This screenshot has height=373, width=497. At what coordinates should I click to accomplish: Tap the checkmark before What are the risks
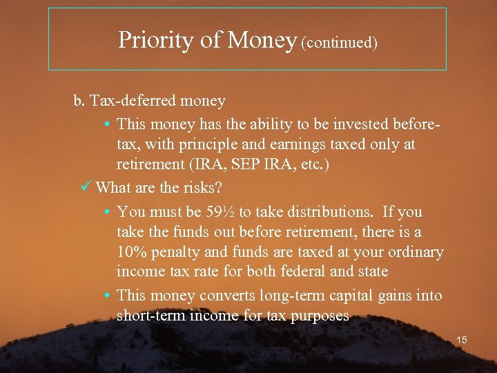click(x=87, y=187)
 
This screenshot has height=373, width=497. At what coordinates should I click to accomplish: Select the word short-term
click(x=152, y=316)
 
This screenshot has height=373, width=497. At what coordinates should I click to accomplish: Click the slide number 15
click(x=461, y=340)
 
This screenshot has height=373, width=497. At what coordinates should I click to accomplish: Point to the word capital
click(x=352, y=296)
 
